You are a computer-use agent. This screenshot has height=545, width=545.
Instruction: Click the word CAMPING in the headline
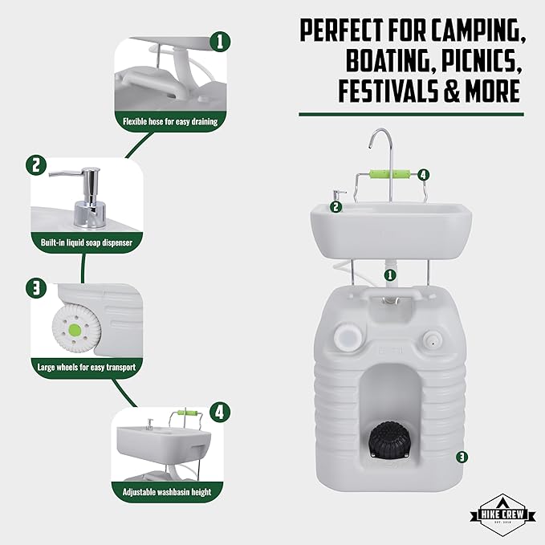click(x=478, y=31)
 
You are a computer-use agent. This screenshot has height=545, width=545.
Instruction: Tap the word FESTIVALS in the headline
click(x=388, y=91)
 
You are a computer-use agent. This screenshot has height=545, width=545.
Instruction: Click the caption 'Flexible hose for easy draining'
click(x=170, y=122)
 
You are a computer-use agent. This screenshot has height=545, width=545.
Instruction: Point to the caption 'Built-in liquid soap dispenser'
click(x=87, y=242)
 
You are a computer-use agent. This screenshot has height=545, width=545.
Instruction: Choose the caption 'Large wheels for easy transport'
click(x=87, y=367)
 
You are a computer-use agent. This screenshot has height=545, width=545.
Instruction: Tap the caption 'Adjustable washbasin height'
click(x=167, y=492)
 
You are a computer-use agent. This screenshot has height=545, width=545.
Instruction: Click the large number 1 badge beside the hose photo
click(x=220, y=42)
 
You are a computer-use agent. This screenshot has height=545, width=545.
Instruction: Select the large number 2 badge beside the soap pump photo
click(x=36, y=165)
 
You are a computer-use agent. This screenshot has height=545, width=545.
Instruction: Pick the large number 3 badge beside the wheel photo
click(x=36, y=288)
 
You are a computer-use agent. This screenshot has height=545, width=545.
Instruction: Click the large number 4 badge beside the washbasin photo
click(x=220, y=413)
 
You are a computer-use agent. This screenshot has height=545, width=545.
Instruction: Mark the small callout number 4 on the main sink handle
click(x=423, y=175)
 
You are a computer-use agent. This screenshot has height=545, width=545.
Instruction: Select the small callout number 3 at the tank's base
click(x=462, y=457)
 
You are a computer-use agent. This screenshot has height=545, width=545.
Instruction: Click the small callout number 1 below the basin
click(x=390, y=275)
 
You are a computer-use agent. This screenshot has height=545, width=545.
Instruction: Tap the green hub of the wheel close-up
click(x=75, y=329)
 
